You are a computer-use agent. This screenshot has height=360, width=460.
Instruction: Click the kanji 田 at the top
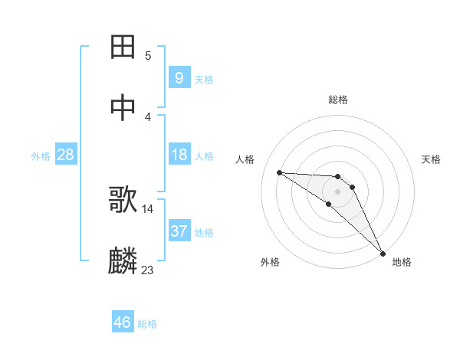click(x=123, y=47)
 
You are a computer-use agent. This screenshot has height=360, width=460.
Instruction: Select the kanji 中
click(x=123, y=108)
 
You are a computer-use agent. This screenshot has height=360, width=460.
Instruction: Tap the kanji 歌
click(x=123, y=201)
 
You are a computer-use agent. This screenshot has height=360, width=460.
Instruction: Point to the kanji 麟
click(x=123, y=261)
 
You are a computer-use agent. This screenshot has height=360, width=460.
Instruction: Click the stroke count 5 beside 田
click(x=148, y=55)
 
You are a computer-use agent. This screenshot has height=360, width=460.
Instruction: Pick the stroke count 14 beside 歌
click(x=148, y=208)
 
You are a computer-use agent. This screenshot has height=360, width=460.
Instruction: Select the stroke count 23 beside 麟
click(x=148, y=270)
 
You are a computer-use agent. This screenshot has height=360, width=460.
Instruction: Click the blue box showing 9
click(x=179, y=77)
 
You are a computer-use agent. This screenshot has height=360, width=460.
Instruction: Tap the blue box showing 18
click(x=179, y=155)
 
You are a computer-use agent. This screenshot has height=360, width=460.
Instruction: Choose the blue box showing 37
click(x=179, y=231)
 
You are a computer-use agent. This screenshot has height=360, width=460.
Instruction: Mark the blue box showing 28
click(x=65, y=155)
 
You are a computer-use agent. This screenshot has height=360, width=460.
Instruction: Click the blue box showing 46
click(x=123, y=322)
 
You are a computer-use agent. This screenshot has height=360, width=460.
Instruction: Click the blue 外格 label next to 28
click(x=41, y=156)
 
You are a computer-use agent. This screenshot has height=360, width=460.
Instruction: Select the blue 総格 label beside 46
click(x=147, y=324)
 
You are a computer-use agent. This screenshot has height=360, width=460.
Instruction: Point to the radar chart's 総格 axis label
click(x=338, y=100)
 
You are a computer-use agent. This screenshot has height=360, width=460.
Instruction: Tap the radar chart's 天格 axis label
click(x=432, y=159)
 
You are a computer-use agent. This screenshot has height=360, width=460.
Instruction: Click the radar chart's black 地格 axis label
click(x=402, y=263)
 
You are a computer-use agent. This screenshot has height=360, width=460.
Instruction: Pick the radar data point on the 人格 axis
click(x=279, y=172)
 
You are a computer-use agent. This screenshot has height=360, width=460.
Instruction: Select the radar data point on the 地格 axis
click(x=382, y=252)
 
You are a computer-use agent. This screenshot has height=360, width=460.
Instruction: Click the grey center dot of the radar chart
click(x=338, y=191)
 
